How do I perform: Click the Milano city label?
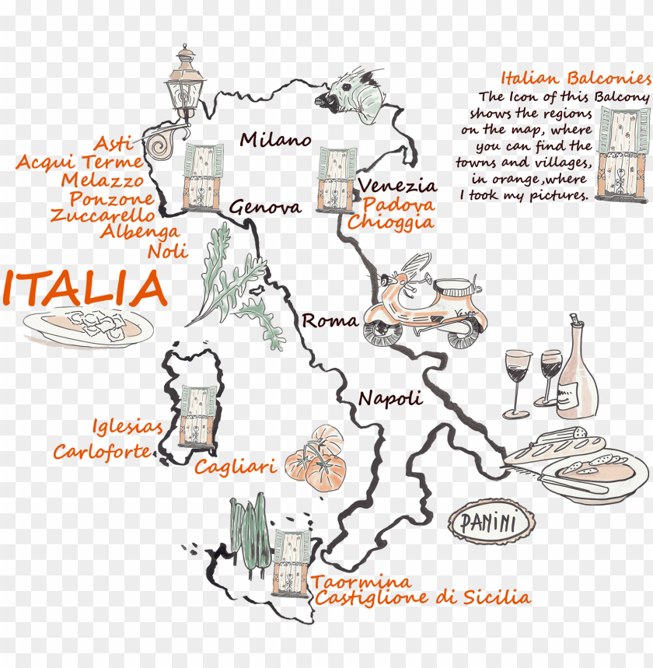275,140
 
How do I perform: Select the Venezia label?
397,186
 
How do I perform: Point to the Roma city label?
330,320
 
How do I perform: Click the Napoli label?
390,398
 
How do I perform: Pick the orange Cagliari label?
236,467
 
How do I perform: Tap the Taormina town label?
361,582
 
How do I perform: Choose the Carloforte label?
102,451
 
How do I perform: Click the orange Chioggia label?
390,222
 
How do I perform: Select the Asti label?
113,144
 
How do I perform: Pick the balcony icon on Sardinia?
198,415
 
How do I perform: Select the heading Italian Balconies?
575,79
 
